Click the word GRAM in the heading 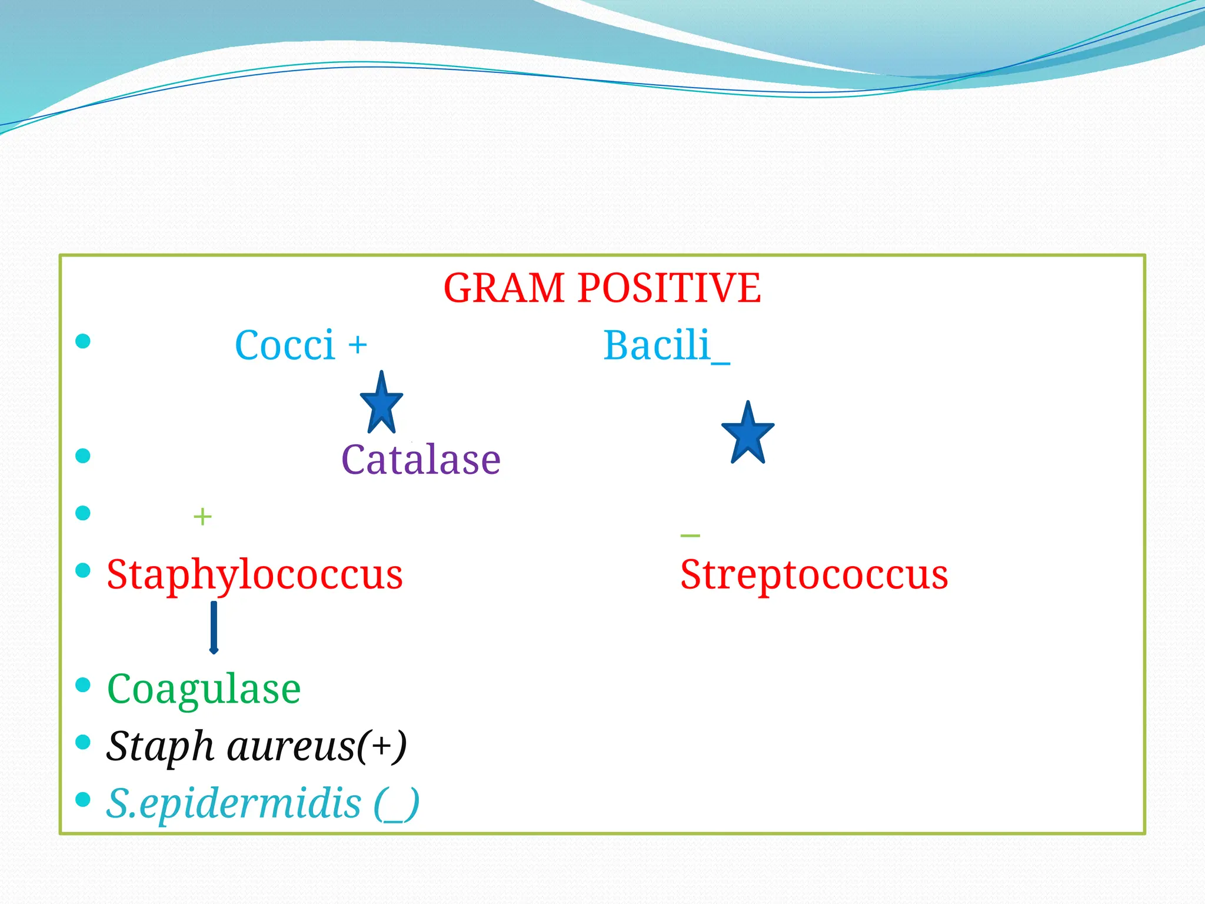click(504, 288)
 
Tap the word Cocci click(285, 345)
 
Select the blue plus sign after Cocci click(357, 345)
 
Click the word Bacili click(657, 345)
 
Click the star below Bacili click(748, 434)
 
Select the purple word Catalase click(421, 460)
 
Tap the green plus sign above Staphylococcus click(202, 517)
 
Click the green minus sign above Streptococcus click(690, 535)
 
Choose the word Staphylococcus click(254, 575)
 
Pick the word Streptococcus click(814, 575)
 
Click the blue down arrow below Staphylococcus click(214, 627)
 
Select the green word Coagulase click(204, 689)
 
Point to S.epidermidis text click(233, 804)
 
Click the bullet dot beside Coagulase click(83, 684)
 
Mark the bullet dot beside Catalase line click(83, 456)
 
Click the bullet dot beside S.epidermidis click(83, 799)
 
